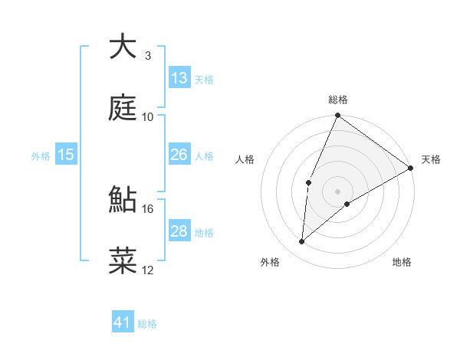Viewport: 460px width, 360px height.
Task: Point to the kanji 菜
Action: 123,261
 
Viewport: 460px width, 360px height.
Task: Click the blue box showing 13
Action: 179,78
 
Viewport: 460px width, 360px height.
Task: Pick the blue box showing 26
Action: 179,155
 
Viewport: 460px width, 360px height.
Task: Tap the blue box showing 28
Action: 179,231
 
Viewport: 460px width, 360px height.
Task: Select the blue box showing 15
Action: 66,155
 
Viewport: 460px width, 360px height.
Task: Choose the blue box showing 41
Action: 123,322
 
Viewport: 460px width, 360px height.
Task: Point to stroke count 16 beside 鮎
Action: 148,208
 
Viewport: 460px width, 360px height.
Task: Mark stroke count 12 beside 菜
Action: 148,270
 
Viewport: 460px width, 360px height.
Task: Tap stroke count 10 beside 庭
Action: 148,116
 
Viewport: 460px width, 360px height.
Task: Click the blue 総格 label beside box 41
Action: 148,324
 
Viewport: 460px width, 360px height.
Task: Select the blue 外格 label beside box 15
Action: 41,155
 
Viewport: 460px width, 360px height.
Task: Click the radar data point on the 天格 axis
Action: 411,168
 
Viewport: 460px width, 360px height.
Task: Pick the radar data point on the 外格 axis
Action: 302,242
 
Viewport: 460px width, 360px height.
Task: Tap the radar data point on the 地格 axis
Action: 347,204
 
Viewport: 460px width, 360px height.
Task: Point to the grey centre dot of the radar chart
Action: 337,191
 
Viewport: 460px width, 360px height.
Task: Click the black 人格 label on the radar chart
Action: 245,159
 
